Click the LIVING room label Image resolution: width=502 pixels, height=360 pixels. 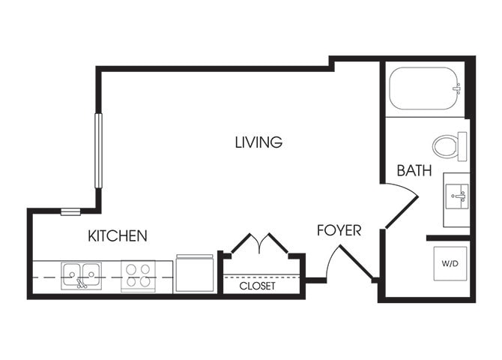click(258, 142)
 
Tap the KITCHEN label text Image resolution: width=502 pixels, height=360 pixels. click(118, 235)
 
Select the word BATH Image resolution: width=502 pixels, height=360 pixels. click(414, 170)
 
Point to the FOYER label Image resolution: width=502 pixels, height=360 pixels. click(339, 230)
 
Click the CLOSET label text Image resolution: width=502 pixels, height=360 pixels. click(257, 286)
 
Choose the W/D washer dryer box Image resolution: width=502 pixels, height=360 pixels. click(450, 264)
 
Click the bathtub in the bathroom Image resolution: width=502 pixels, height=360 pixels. click(423, 88)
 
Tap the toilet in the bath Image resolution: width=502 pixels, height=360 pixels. click(448, 145)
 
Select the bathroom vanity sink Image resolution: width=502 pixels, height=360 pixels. click(456, 196)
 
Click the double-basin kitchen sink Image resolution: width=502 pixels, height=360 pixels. click(82, 274)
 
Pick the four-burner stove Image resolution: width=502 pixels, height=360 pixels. click(137, 275)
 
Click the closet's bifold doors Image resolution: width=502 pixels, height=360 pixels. click(259, 243)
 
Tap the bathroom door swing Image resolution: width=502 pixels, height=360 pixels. click(401, 206)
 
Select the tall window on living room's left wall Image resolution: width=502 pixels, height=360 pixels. click(97, 149)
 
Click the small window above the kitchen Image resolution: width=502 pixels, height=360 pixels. click(70, 212)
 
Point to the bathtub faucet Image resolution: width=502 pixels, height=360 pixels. click(456, 88)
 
